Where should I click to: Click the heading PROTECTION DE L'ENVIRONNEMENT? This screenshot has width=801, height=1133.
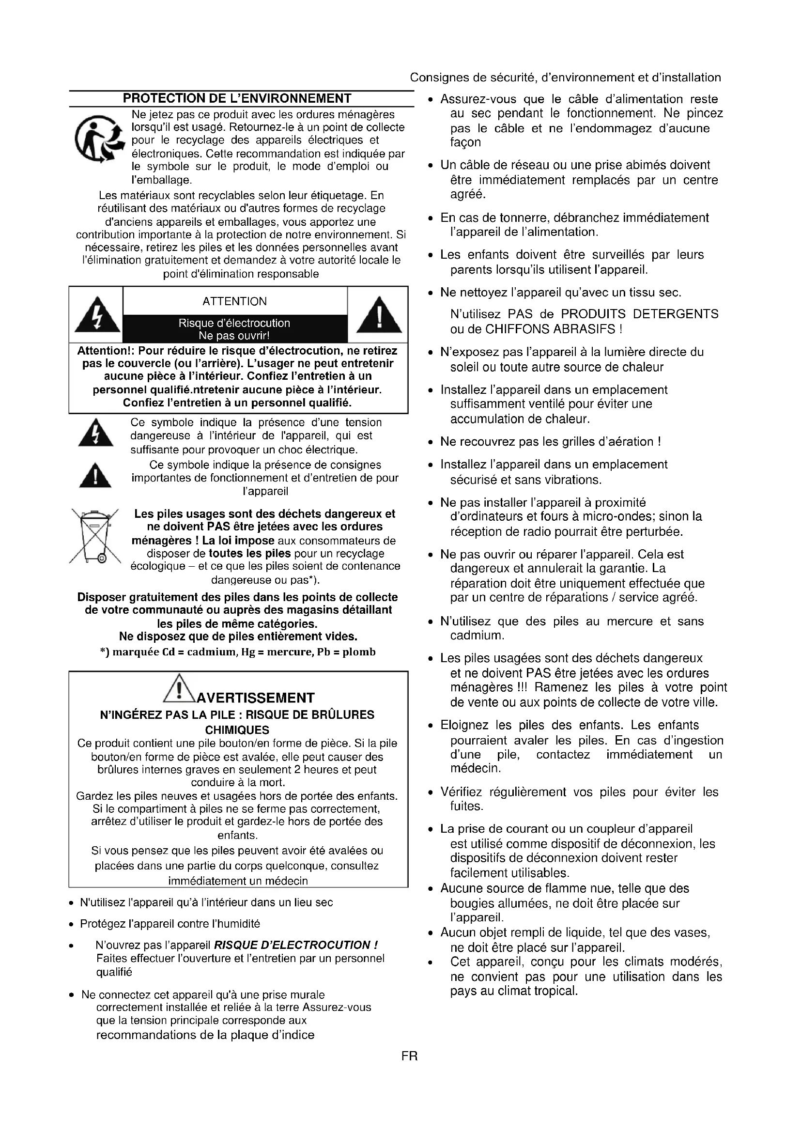coord(237,98)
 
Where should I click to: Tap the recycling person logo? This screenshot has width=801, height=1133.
coord(99,139)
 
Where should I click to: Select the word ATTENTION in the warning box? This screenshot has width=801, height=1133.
coord(234,301)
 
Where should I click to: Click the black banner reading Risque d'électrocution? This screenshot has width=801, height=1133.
coord(234,328)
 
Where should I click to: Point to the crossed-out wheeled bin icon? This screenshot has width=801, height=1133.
coord(95,536)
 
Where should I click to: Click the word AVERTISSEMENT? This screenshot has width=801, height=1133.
coord(255,698)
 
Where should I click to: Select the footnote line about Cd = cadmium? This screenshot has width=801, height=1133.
coord(238,652)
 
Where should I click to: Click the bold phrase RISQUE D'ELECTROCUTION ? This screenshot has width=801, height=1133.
coord(295,945)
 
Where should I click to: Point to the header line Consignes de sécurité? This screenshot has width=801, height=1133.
coord(565,78)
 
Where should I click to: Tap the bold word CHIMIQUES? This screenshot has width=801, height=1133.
coord(237,730)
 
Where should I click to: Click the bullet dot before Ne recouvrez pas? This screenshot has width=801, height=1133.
coord(430,442)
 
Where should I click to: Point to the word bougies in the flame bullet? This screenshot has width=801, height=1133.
coord(469,903)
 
